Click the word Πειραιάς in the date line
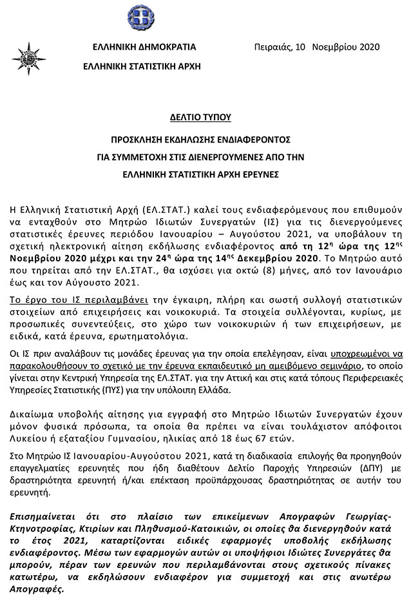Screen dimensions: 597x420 point(273,47)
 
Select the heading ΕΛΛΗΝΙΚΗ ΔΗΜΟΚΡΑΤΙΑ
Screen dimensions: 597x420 point(144,47)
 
